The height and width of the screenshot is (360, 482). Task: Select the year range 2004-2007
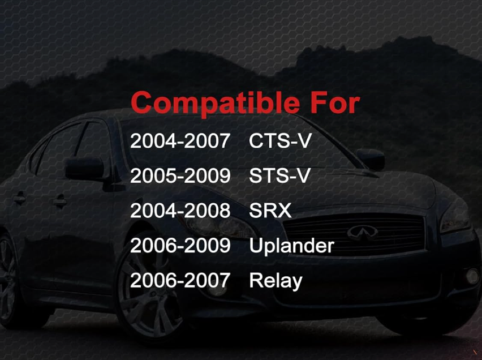(x=180, y=141)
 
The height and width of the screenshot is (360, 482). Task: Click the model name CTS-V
(x=280, y=141)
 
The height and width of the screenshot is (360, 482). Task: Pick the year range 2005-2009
(x=180, y=175)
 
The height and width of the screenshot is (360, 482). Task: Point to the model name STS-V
(x=279, y=175)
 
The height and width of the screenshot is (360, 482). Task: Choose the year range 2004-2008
(x=180, y=211)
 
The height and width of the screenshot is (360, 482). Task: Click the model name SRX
(x=270, y=211)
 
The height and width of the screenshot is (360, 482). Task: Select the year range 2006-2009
(x=180, y=246)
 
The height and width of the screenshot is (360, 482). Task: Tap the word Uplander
(x=291, y=246)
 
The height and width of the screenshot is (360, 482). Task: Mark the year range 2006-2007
(x=180, y=280)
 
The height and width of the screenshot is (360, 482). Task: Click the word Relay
(x=276, y=281)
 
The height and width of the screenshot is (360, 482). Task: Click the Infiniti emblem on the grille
(x=363, y=233)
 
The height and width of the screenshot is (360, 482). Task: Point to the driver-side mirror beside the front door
(x=85, y=168)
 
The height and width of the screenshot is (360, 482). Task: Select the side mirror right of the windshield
(x=371, y=158)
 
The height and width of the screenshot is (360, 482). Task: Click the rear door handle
(x=19, y=199)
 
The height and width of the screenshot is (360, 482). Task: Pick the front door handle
(x=59, y=202)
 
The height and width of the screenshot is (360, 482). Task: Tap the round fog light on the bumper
(x=472, y=276)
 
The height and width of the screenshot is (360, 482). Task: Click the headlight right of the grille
(x=455, y=219)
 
